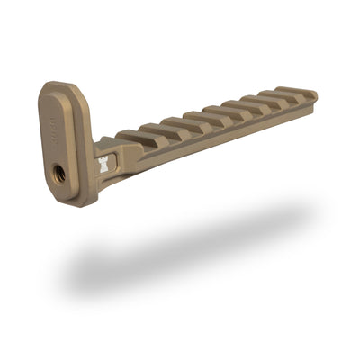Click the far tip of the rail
click(x=314, y=94)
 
